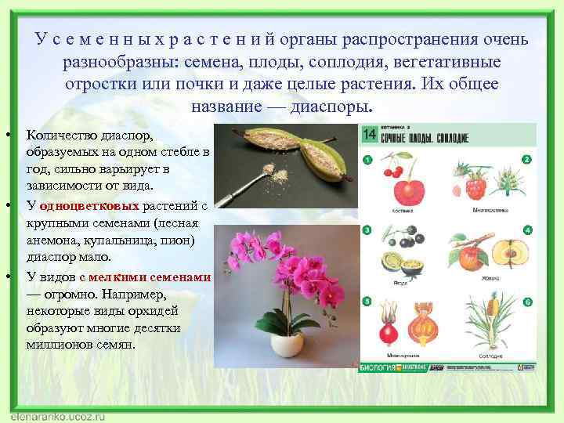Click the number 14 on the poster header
coord(370,135)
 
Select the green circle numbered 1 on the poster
coord(365,160)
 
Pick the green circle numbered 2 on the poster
coord(527,159)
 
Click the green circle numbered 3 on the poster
coord(365,230)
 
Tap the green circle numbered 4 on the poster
coord(527,230)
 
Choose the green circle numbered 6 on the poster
coord(527,302)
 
